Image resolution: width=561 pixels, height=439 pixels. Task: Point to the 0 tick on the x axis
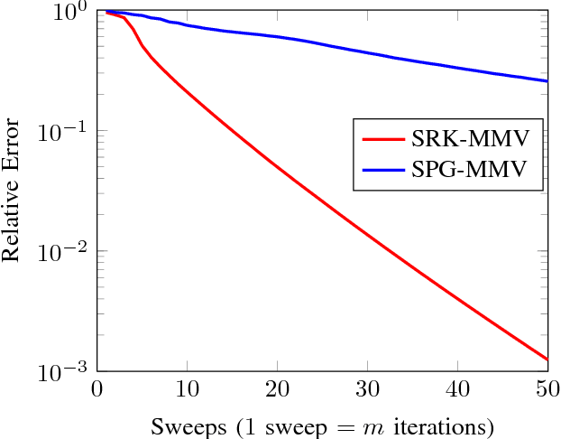pyautogui.click(x=97, y=389)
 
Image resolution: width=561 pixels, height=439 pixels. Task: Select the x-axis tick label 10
pyautogui.click(x=187, y=389)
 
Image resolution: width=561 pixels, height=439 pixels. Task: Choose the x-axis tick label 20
pyautogui.click(x=277, y=389)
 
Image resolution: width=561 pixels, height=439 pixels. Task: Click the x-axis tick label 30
pyautogui.click(x=367, y=389)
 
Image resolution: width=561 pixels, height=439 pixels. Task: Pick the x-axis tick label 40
pyautogui.click(x=457, y=389)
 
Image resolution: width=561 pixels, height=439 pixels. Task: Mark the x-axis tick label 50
pyautogui.click(x=547, y=389)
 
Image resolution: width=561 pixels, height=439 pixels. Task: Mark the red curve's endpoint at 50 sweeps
pyautogui.click(x=547, y=360)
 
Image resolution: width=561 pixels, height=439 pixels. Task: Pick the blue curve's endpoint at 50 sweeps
pyautogui.click(x=547, y=81)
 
